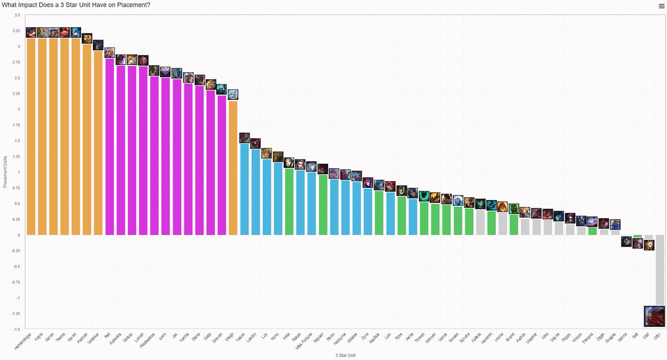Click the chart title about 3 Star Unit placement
click(76, 5)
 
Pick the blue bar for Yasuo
click(245, 189)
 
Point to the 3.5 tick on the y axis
click(17, 15)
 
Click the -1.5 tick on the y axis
click(16, 329)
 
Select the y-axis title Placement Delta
click(5, 172)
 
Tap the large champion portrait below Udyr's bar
click(654, 316)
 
